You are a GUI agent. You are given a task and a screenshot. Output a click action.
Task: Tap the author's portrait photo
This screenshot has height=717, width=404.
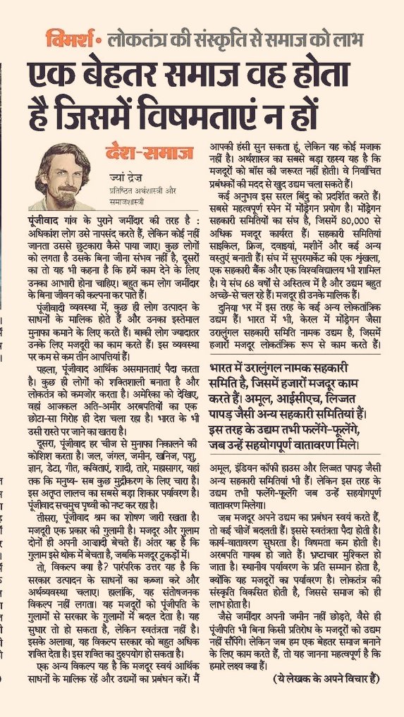pos(63,170)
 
